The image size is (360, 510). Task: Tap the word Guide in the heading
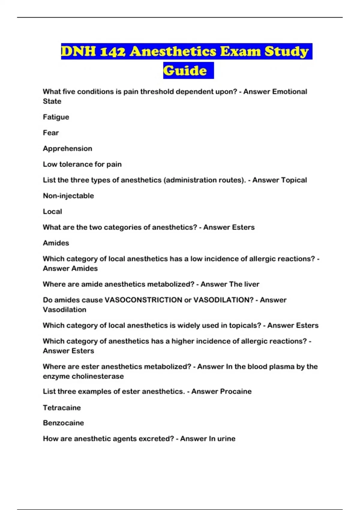(x=185, y=71)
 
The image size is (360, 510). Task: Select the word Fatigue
(x=56, y=117)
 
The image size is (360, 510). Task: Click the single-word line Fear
(x=51, y=133)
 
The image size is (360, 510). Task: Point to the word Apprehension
(x=67, y=148)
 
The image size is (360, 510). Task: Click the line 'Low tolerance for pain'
(x=82, y=164)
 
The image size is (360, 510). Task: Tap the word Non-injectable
(x=68, y=196)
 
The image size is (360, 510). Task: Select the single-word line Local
(x=52, y=211)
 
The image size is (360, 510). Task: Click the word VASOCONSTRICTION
(x=143, y=300)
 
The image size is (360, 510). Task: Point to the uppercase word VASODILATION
(x=223, y=300)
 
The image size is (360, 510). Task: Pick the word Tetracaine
(x=62, y=408)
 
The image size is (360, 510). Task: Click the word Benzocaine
(x=63, y=423)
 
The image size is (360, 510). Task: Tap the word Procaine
(x=236, y=391)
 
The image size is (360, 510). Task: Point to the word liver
(x=251, y=284)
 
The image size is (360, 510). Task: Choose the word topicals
(x=245, y=325)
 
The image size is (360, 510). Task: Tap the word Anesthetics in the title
(x=173, y=52)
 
